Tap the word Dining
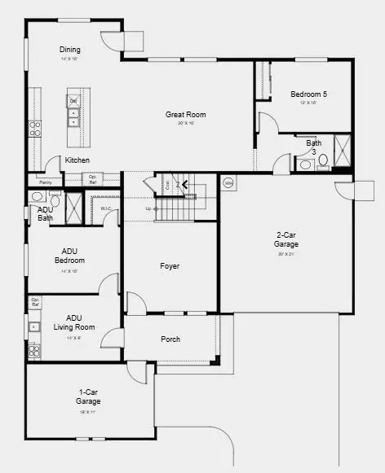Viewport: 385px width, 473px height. coord(70,50)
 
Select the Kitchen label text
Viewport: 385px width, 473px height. coord(77,160)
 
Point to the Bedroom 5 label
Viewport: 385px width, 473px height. coord(309,94)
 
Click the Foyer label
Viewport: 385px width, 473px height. coord(170,266)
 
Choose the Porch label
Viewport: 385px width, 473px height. coord(170,339)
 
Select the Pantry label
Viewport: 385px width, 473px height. coord(45,182)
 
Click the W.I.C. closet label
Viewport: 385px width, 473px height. coord(106,208)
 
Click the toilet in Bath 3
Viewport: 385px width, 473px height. coord(323,160)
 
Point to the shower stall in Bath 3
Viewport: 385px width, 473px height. coord(343,151)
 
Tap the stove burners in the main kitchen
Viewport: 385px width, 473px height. coord(35,128)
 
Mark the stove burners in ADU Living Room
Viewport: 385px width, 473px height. coord(34,351)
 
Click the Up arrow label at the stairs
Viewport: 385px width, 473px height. coord(148,209)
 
